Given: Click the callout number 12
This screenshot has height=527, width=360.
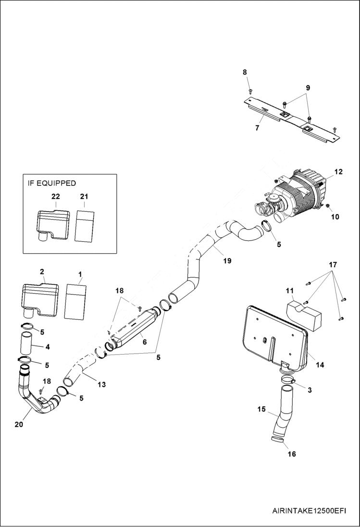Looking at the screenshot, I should pyautogui.click(x=339, y=172).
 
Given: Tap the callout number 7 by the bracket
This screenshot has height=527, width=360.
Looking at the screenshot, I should pyautogui.click(x=257, y=128).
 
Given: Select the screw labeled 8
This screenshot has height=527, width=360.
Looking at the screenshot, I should pyautogui.click(x=250, y=90).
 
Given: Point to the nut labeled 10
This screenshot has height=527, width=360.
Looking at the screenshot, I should pyautogui.click(x=327, y=206).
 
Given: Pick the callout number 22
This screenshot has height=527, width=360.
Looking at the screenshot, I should pyautogui.click(x=56, y=196).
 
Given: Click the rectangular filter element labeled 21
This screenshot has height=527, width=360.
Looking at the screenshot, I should pyautogui.click(x=86, y=224).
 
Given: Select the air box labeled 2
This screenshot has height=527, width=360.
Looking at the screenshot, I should pyautogui.click(x=40, y=300).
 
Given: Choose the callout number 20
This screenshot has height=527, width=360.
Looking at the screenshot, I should pyautogui.click(x=18, y=424).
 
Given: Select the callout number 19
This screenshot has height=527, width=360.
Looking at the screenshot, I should pyautogui.click(x=227, y=261).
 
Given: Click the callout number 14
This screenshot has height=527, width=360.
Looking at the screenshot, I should pyautogui.click(x=320, y=365).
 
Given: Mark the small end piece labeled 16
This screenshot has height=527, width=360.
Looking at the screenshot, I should pyautogui.click(x=277, y=439).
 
